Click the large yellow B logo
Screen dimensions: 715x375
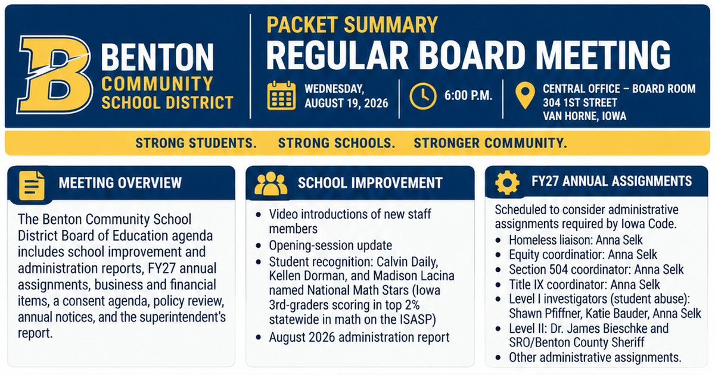pyautogui.click(x=55, y=74)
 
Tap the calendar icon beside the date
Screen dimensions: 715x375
pyautogui.click(x=281, y=95)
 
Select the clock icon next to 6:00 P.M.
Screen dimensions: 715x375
pyautogui.click(x=423, y=96)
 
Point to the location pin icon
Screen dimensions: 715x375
pyautogui.click(x=525, y=95)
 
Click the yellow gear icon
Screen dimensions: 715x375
pyautogui.click(x=507, y=182)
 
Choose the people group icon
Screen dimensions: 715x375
pyautogui.click(x=271, y=183)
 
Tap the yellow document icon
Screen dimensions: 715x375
pyautogui.click(x=32, y=186)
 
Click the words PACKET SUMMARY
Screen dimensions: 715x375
pyautogui.click(x=352, y=24)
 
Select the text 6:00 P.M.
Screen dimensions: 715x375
pyautogui.click(x=468, y=95)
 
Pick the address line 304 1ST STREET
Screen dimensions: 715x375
pyautogui.click(x=580, y=102)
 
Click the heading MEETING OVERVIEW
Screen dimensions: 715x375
pyautogui.click(x=120, y=183)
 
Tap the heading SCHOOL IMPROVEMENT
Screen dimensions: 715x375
pyautogui.click(x=370, y=183)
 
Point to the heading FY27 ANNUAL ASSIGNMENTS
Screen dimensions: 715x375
pyautogui.click(x=611, y=181)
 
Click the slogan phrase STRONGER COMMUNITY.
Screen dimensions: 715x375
pyautogui.click(x=490, y=143)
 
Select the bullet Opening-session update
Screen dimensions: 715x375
pyautogui.click(x=330, y=245)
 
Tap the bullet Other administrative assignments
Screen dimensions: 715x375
pyautogui.click(x=595, y=358)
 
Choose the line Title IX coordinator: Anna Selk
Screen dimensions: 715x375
pyautogui.click(x=584, y=285)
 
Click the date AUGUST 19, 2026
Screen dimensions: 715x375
pyautogui.click(x=346, y=104)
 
